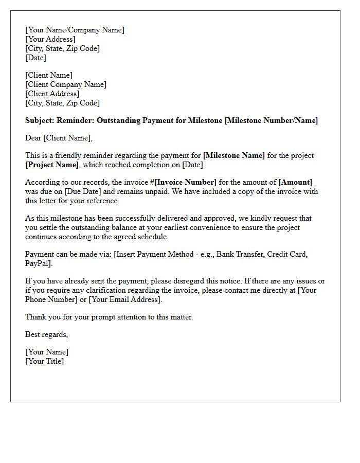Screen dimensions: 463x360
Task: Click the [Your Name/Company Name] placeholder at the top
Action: click(x=75, y=30)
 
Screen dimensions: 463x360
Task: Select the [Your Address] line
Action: click(x=50, y=39)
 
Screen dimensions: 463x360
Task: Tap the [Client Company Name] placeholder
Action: click(x=66, y=84)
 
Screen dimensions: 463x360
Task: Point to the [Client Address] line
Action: click(x=52, y=94)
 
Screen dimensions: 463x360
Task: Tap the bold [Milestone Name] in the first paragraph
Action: click(x=234, y=155)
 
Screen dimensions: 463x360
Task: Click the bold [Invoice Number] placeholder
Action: click(x=181, y=182)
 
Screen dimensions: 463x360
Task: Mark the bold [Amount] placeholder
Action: click(x=295, y=182)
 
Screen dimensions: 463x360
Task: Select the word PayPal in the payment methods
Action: click(x=38, y=263)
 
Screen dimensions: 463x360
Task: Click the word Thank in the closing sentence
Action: click(x=35, y=317)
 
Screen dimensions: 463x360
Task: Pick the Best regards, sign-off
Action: click(x=46, y=334)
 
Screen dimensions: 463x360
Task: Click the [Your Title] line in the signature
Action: click(x=44, y=361)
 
